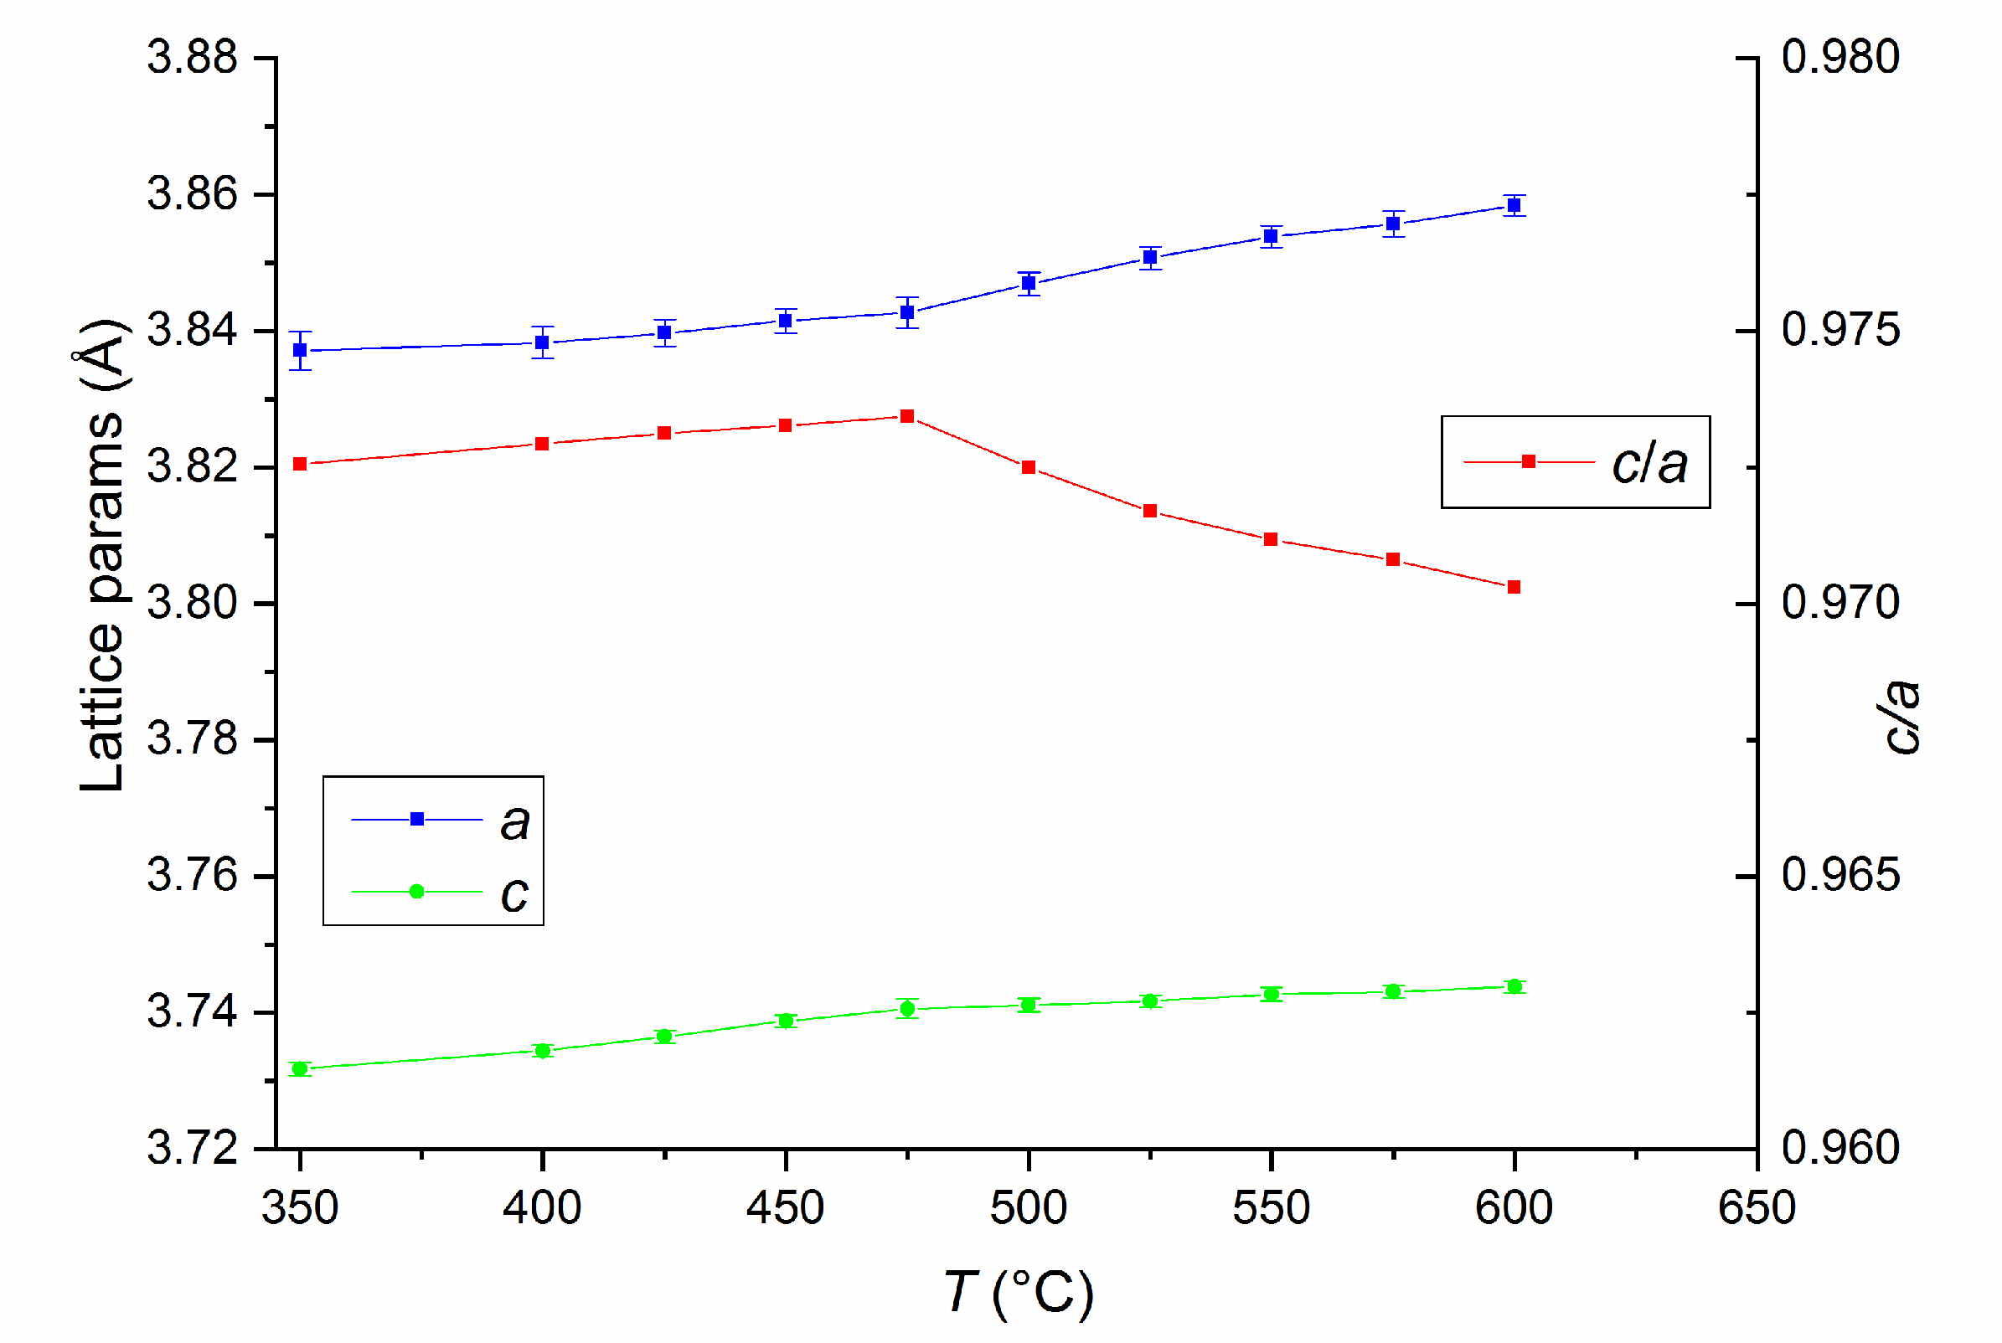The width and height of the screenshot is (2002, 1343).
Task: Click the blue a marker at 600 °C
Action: (1514, 206)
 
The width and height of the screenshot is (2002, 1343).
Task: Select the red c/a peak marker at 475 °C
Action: (907, 416)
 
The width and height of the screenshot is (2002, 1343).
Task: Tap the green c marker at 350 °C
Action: (300, 1069)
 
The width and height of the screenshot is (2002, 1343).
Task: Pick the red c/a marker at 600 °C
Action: (1514, 587)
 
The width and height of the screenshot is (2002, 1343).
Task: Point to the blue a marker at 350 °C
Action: (300, 350)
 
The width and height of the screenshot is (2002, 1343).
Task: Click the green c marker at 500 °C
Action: (1029, 1005)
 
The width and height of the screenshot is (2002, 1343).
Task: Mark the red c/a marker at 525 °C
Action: (1150, 511)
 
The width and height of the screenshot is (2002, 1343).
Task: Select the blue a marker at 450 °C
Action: (786, 322)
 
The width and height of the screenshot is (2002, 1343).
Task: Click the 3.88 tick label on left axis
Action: (192, 59)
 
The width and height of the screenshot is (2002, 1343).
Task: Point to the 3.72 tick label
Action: (192, 1149)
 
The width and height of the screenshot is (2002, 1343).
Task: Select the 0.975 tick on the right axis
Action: (1840, 331)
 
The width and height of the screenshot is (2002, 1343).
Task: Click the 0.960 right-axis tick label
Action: (1840, 1149)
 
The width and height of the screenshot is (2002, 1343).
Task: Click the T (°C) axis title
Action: (1019, 1293)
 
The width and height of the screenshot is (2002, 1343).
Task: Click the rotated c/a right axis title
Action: (1901, 718)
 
